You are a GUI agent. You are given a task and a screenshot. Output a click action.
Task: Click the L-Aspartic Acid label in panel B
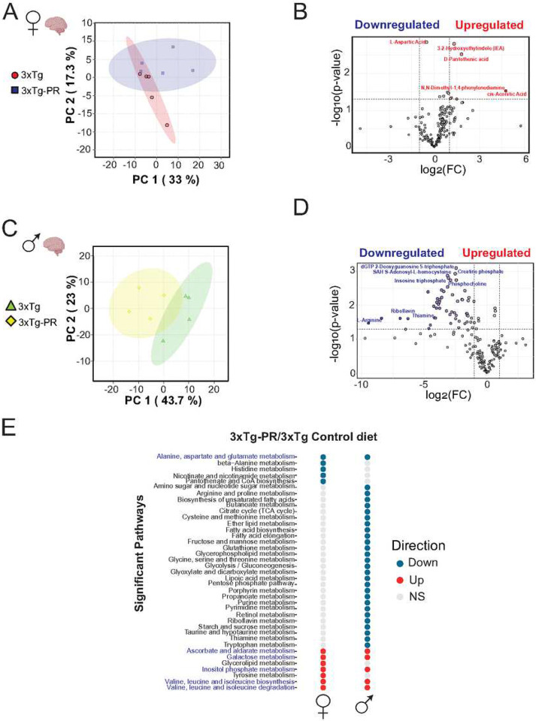click(x=407, y=42)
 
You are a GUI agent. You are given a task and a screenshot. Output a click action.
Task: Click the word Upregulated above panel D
click(x=489, y=254)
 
